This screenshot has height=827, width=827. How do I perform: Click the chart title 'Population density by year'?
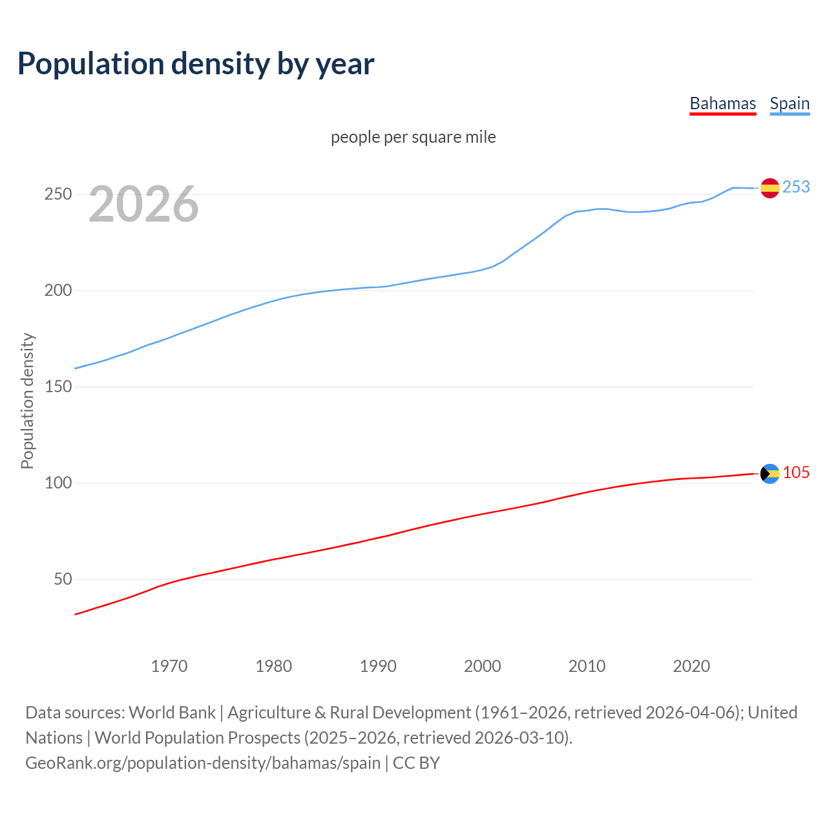(x=196, y=64)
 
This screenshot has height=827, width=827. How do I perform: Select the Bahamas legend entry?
(x=722, y=104)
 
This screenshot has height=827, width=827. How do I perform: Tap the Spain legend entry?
(x=790, y=104)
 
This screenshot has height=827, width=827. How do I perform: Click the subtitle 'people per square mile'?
(x=413, y=138)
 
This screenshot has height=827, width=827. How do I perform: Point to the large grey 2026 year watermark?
(x=143, y=204)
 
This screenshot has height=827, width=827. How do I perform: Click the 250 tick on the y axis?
(x=58, y=194)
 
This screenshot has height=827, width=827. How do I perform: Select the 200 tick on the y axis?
(x=58, y=291)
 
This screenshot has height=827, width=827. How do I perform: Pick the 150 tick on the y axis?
(x=58, y=387)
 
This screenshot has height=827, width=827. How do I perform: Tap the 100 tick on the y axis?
(x=58, y=483)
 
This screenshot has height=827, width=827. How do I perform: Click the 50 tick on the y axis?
(x=63, y=580)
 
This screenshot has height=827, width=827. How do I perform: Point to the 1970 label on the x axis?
(x=169, y=666)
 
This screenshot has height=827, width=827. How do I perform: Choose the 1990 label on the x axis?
(x=378, y=666)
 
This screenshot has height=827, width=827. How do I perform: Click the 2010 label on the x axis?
(x=587, y=666)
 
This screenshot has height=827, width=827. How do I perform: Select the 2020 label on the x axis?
(x=691, y=666)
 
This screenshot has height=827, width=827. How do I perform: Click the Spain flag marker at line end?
(x=769, y=188)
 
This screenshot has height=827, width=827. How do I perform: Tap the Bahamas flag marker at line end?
(x=769, y=474)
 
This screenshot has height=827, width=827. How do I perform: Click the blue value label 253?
(x=796, y=187)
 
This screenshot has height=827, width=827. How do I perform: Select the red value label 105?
(x=796, y=473)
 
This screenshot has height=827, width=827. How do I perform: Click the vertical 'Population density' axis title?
(x=27, y=401)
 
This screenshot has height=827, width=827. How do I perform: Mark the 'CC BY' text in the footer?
(x=416, y=763)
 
